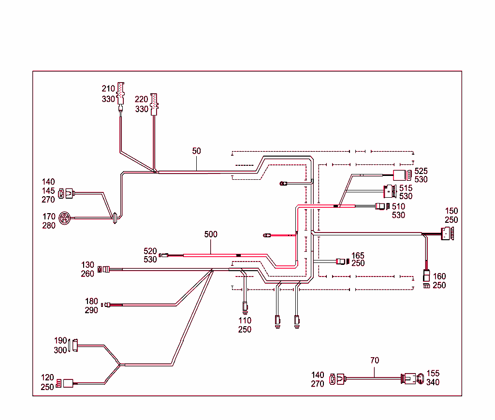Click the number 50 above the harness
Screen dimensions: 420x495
coord(196,151)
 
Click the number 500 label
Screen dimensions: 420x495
coord(211,234)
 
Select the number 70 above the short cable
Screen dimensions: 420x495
coord(375,360)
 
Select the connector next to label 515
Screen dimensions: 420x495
coord(390,191)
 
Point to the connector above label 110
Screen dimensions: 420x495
coord(245,306)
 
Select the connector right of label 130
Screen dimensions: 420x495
coord(104,269)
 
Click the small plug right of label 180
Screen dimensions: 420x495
coord(107,304)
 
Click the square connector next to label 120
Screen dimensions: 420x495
coord(68,383)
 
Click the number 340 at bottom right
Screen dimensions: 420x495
coord(433,382)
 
